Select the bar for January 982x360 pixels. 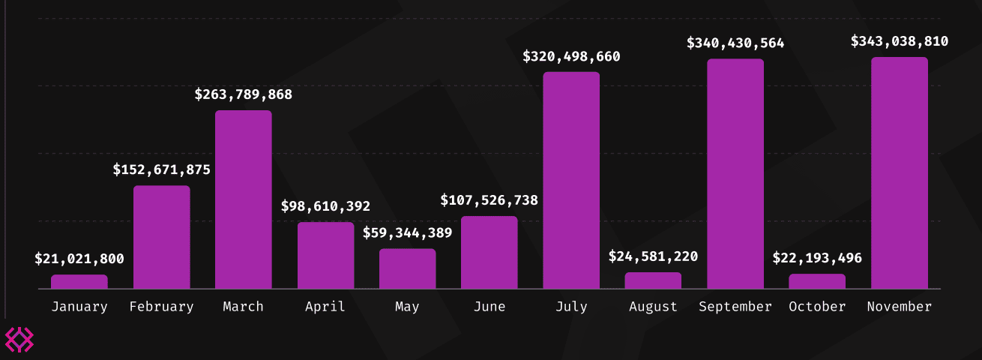(79, 282)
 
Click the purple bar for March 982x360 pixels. (244, 199)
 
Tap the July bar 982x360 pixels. (571, 180)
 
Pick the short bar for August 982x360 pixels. (653, 280)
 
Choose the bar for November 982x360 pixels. (900, 172)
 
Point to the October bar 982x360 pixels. (817, 281)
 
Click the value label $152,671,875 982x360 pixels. (162, 169)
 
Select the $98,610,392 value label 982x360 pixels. (325, 206)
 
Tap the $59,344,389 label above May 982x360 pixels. (407, 232)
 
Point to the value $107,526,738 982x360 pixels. (489, 200)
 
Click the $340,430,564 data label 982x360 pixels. (735, 43)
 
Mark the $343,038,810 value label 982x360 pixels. (900, 41)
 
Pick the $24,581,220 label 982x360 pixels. (653, 256)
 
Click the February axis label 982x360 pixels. (162, 307)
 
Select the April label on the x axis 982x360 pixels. (325, 307)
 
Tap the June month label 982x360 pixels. (489, 307)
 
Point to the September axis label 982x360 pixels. (735, 307)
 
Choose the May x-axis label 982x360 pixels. (407, 307)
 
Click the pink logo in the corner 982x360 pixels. (19, 340)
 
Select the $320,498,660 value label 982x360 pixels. (571, 56)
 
